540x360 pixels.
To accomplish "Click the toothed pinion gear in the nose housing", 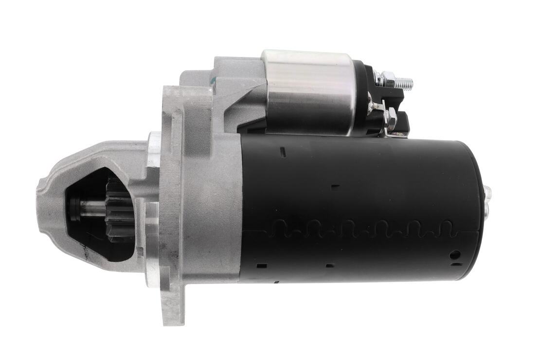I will coord(119,209).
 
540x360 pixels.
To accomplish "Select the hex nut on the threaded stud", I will coord(388,79).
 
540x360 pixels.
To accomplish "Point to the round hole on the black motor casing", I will coord(454,254).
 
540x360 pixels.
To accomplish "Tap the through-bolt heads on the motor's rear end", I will coord(487,200).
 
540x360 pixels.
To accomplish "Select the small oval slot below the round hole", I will coord(456,265).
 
